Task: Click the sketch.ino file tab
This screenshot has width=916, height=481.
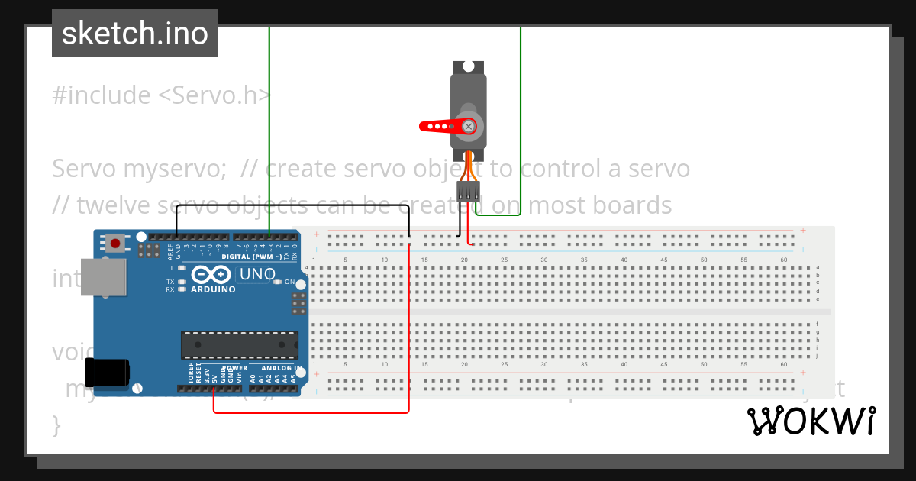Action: (134, 34)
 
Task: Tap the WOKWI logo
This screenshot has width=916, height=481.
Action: (811, 421)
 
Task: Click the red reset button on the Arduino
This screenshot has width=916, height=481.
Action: (115, 244)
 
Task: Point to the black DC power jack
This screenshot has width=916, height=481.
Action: (105, 372)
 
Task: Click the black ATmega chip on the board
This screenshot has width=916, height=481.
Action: (239, 345)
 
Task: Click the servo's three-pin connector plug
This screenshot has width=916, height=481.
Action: (468, 191)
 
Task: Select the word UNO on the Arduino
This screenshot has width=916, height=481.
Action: (257, 274)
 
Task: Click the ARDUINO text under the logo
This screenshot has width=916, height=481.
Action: (213, 289)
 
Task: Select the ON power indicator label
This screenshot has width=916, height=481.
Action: (289, 282)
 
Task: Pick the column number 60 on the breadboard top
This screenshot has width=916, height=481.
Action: (783, 260)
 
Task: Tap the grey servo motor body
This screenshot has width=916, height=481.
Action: (468, 107)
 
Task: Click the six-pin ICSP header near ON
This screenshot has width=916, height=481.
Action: (298, 304)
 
